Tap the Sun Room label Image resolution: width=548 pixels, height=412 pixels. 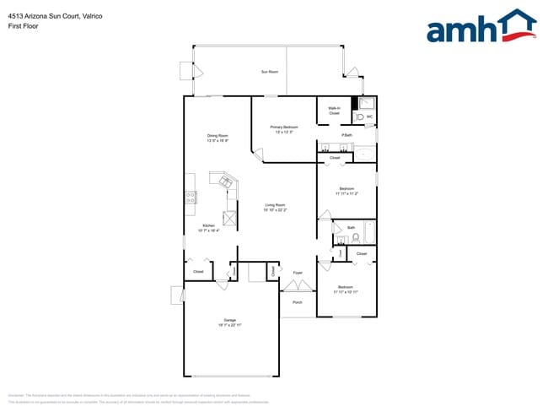(x=270, y=73)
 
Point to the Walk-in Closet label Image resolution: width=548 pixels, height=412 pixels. (x=334, y=111)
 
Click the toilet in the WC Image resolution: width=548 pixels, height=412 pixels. (x=357, y=117)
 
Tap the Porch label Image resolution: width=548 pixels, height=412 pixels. (x=298, y=302)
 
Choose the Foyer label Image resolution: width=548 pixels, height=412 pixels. (x=298, y=273)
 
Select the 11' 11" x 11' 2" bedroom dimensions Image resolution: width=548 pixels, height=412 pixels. (x=347, y=193)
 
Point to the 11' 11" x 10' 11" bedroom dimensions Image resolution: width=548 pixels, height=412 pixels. (x=346, y=291)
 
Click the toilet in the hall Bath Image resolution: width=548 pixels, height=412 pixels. (x=356, y=238)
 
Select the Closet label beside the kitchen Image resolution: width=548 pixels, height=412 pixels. (x=198, y=272)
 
